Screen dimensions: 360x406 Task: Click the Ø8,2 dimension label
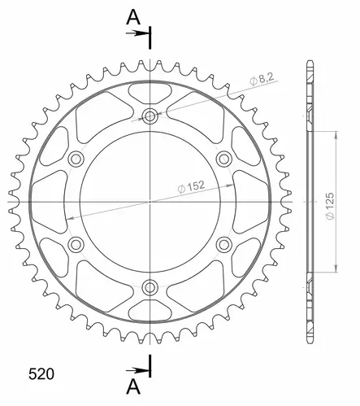262,79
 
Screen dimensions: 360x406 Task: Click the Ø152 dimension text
191,186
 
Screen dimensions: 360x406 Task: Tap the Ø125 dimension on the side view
330,206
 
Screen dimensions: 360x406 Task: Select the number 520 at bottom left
41,374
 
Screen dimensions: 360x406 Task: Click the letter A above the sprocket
133,17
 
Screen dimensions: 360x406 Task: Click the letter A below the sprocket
133,386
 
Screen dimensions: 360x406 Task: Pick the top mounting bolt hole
150,116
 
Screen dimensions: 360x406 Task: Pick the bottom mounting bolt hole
150,287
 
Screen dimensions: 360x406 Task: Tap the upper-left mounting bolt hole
76,159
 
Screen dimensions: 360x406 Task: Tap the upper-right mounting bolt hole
224,159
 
